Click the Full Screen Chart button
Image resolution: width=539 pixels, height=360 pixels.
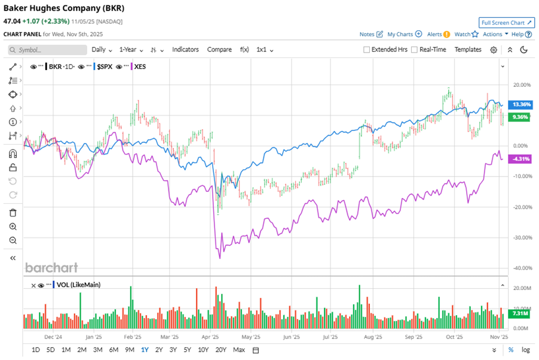(506, 23)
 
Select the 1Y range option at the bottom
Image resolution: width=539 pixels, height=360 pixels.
(145, 350)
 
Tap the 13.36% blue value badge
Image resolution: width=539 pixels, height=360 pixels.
(520, 105)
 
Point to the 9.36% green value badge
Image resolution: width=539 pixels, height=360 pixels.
(520, 117)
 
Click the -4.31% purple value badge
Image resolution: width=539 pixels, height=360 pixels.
(520, 158)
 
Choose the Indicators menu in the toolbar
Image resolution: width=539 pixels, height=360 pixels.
(185, 50)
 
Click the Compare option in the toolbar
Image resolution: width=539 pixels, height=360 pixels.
(219, 50)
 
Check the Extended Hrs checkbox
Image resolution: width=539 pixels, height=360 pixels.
(367, 50)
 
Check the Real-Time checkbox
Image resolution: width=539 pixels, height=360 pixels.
(415, 50)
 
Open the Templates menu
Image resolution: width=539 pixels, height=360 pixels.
(468, 50)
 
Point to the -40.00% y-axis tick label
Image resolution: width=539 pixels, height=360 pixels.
(522, 268)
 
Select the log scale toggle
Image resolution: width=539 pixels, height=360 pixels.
(525, 350)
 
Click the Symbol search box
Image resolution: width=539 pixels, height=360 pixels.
(48, 50)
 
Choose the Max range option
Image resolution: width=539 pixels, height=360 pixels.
(239, 350)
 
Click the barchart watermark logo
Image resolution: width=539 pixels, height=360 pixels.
(51, 267)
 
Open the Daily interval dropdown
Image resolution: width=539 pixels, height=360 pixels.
(102, 50)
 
